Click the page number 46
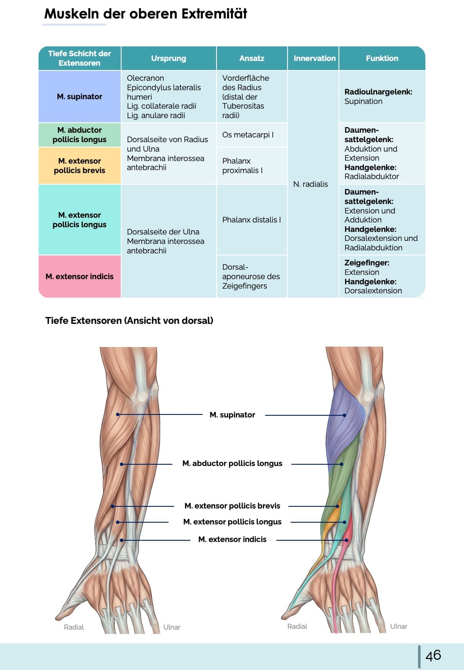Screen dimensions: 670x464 coord(433,655)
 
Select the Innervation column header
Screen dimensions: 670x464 coord(314,58)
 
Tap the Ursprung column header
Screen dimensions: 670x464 coord(168,58)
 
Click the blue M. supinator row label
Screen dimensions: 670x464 coord(79,97)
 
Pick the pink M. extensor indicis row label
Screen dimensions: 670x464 coord(79,277)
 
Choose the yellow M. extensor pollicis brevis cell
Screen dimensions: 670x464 coord(79,166)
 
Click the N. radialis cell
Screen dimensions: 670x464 coord(310,184)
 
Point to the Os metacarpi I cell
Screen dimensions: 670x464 coord(248,135)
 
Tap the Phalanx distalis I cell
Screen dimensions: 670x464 coord(251,220)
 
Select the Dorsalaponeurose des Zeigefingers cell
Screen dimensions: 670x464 coord(251,277)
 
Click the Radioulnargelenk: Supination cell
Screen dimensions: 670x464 coord(378,97)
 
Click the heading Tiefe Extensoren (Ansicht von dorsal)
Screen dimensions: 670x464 coord(129,321)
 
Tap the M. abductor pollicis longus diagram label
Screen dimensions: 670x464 coord(232,463)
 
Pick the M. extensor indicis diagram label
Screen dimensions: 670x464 coord(232,539)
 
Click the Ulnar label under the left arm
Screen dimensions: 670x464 coord(172,627)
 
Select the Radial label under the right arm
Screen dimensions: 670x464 coord(297,627)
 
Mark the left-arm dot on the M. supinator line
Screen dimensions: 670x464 coord(118,414)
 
